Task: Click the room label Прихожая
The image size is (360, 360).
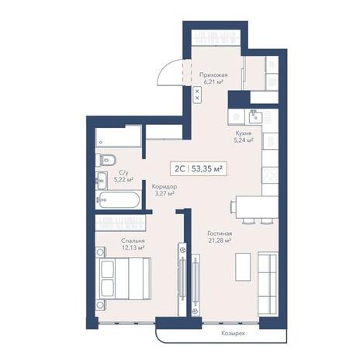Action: click(213, 75)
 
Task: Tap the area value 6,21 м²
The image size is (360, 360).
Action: click(213, 82)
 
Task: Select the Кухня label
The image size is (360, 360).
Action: click(244, 133)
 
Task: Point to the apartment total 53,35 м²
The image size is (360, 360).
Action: click(207, 169)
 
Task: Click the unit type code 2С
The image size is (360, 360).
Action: click(179, 169)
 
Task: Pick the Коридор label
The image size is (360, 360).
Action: click(164, 186)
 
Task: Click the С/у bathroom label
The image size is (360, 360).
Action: click(123, 172)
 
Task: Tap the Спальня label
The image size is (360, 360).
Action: click(133, 241)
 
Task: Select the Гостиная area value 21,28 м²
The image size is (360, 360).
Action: click(220, 241)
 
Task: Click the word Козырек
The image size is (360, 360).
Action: click(233, 334)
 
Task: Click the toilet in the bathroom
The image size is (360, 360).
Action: click(106, 160)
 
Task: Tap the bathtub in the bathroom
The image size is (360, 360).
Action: click(118, 199)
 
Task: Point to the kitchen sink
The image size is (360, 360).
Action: click(255, 116)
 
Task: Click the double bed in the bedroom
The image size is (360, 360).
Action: click(123, 279)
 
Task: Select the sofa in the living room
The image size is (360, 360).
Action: click(268, 284)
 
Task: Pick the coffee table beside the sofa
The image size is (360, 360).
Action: click(243, 267)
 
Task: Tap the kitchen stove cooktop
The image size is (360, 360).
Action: click(270, 175)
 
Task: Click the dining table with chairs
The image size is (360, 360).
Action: click(254, 209)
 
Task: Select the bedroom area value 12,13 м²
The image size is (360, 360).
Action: click(133, 247)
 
